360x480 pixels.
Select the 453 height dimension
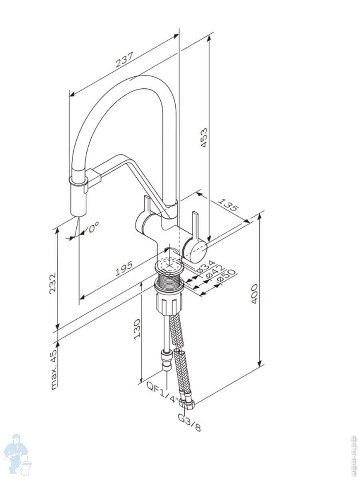point(204,138)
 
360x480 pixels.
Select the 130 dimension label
point(137,329)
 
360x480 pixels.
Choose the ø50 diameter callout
point(226,278)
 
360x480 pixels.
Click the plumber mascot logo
point(18,454)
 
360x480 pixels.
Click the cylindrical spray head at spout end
point(78,200)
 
